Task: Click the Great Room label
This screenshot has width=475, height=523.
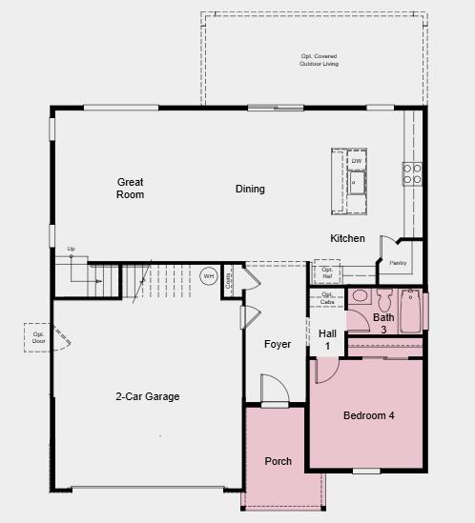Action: [x=131, y=188]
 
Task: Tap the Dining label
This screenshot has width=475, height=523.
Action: [x=250, y=189]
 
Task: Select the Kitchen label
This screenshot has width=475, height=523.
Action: [x=347, y=238]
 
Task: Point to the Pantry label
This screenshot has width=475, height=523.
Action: [x=398, y=263]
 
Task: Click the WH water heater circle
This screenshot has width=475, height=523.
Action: [x=209, y=276]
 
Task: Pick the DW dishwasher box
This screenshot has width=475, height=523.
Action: [x=357, y=161]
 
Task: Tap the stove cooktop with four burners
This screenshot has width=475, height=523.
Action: [x=412, y=173]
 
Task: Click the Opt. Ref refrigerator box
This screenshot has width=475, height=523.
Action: [x=327, y=272]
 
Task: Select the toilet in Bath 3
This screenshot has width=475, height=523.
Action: [x=361, y=297]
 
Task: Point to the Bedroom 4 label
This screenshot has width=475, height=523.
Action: [x=368, y=415]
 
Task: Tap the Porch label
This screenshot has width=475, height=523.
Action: [x=278, y=461]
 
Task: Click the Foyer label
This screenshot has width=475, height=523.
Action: [x=278, y=344]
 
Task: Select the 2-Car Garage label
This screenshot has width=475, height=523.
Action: [x=148, y=396]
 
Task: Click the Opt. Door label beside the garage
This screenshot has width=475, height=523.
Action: [x=39, y=337]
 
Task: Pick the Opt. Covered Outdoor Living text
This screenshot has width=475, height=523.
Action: [x=319, y=59]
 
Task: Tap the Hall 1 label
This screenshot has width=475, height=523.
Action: [x=327, y=339]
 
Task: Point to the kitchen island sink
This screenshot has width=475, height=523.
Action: [x=358, y=184]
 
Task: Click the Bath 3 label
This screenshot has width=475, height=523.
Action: [x=383, y=323]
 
